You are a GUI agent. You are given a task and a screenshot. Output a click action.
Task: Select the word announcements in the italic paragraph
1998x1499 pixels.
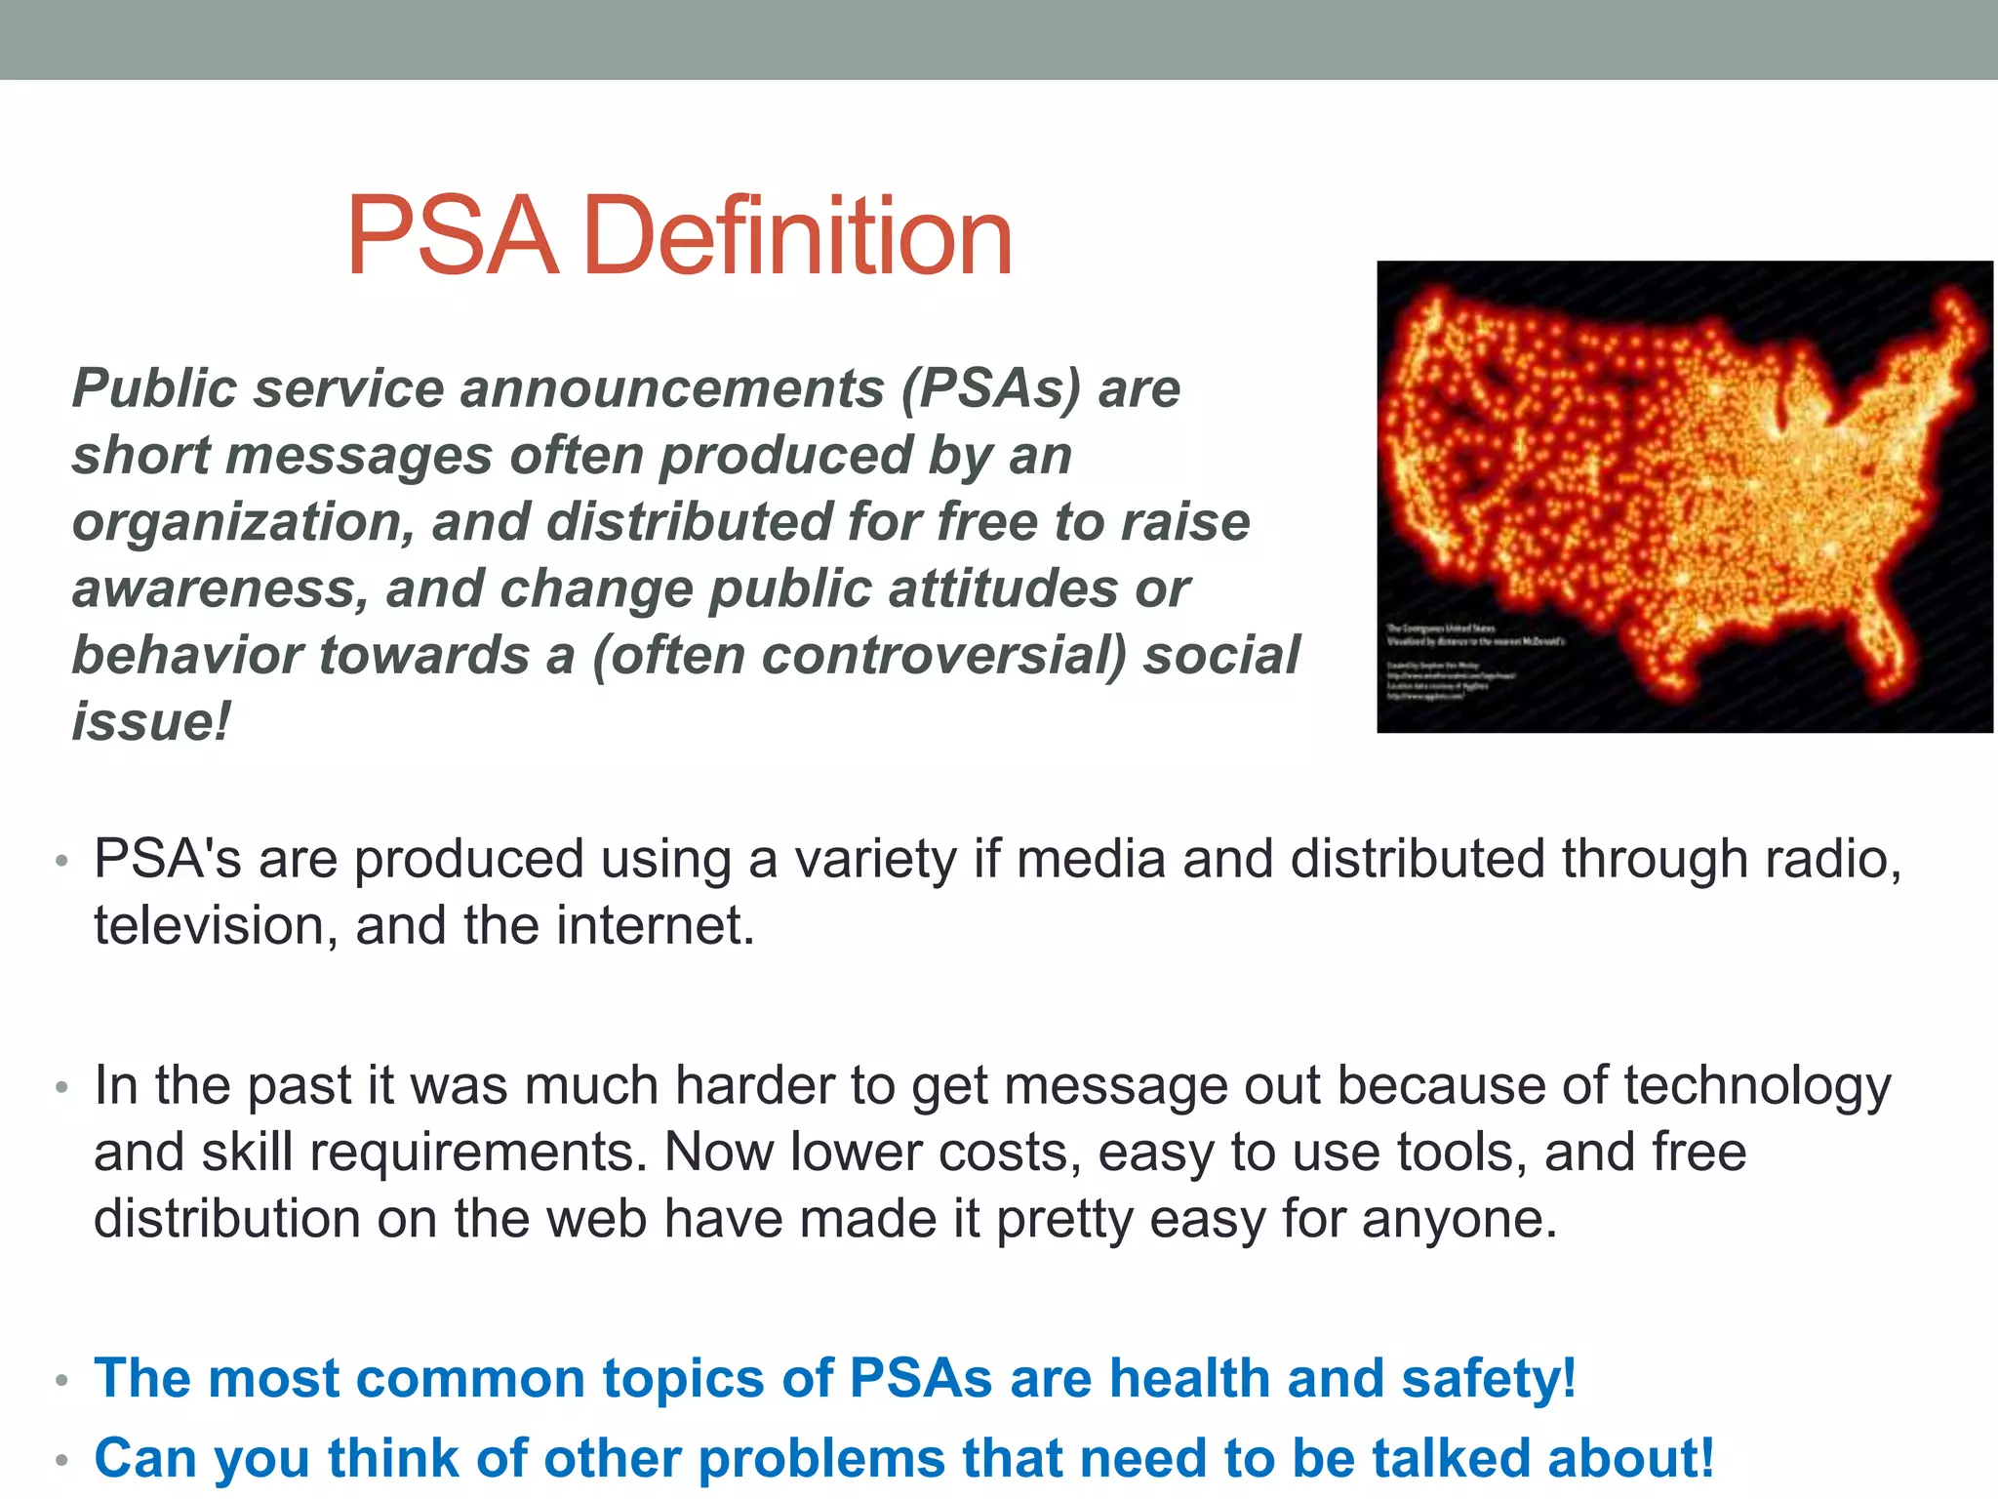click(x=672, y=388)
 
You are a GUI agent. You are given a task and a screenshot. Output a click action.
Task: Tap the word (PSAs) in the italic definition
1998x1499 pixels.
click(x=991, y=388)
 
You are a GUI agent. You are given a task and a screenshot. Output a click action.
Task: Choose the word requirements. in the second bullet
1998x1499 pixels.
click(x=478, y=1153)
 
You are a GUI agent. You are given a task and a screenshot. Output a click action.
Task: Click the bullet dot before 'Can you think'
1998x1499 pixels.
click(x=61, y=1461)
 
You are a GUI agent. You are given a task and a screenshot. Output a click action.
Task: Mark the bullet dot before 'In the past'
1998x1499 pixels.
click(x=61, y=1087)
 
